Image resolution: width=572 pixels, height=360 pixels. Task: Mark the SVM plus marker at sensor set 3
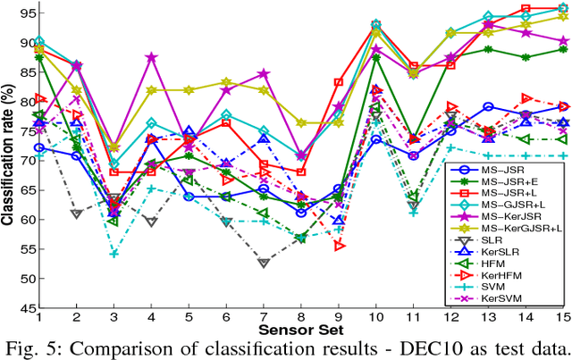[x=114, y=254]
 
